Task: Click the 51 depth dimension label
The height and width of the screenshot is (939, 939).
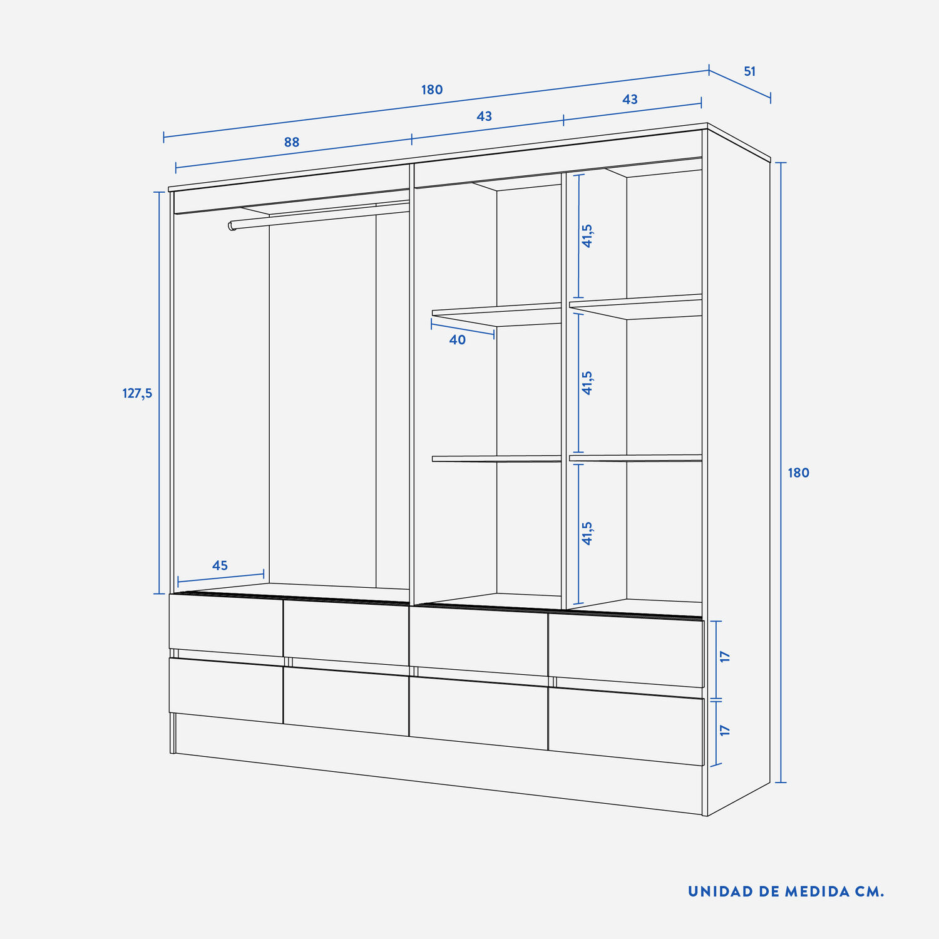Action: pyautogui.click(x=749, y=71)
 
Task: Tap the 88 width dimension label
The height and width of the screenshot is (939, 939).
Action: pyautogui.click(x=292, y=142)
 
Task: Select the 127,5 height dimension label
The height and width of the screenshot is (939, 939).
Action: pyautogui.click(x=137, y=394)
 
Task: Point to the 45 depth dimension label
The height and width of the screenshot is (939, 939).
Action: pyautogui.click(x=220, y=565)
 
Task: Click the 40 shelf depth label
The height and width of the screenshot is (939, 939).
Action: pyautogui.click(x=458, y=339)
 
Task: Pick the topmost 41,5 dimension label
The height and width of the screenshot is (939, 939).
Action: pyautogui.click(x=587, y=236)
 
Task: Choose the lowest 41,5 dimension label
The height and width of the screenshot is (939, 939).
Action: pyautogui.click(x=587, y=533)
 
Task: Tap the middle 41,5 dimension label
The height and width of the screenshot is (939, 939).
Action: pyautogui.click(x=587, y=382)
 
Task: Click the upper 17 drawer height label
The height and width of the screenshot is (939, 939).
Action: pyautogui.click(x=725, y=657)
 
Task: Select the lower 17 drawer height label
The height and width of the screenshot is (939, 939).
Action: pyautogui.click(x=725, y=730)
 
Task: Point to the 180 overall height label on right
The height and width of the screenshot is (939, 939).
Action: pyautogui.click(x=798, y=473)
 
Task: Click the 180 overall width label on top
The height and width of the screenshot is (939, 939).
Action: pyautogui.click(x=432, y=90)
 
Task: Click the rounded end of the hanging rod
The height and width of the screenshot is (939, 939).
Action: pyautogui.click(x=232, y=225)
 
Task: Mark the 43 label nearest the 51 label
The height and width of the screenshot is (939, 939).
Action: pyautogui.click(x=630, y=99)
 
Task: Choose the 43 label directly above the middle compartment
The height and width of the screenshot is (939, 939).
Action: pyautogui.click(x=484, y=116)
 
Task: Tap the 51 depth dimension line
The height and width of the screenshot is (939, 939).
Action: pyautogui.click(x=740, y=84)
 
